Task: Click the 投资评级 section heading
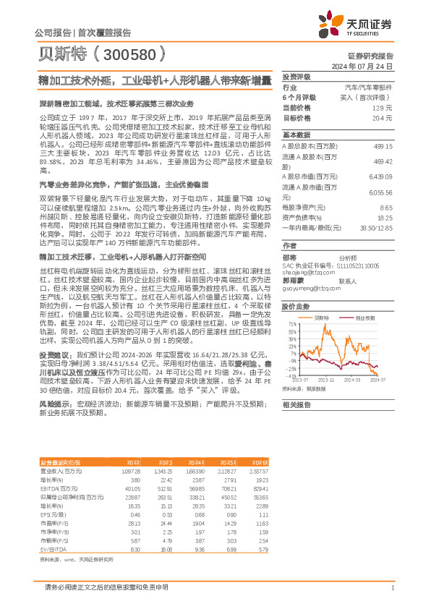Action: [296, 76]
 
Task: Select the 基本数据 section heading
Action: [296, 135]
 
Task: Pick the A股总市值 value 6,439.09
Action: [380, 176]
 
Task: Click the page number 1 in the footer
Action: [392, 587]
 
